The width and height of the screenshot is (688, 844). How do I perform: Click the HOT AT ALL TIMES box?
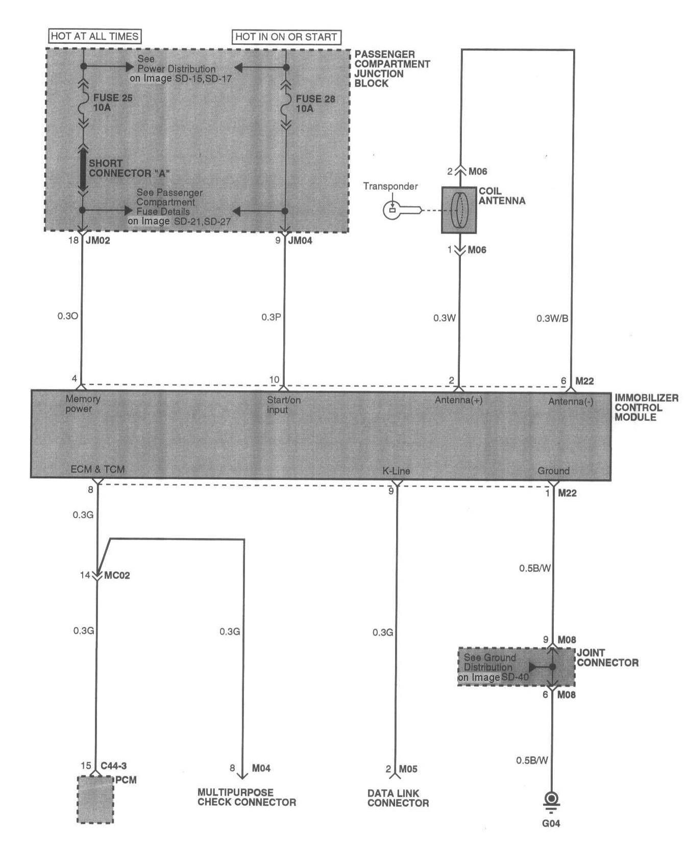pyautogui.click(x=94, y=36)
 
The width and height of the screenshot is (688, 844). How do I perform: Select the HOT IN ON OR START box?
pyautogui.click(x=286, y=37)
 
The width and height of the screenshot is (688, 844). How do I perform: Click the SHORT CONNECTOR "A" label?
pyautogui.click(x=129, y=168)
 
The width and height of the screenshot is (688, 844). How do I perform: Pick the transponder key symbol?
pyautogui.click(x=403, y=210)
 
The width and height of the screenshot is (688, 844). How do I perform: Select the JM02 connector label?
pyautogui.click(x=97, y=241)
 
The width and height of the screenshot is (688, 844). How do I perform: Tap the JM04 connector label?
pyautogui.click(x=300, y=241)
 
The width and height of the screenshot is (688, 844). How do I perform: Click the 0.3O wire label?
pyautogui.click(x=68, y=316)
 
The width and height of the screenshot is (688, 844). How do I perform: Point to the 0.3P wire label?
pyautogui.click(x=271, y=317)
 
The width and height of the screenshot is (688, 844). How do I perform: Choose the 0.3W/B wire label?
pyautogui.click(x=552, y=319)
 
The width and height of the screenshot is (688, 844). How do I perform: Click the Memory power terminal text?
pyautogui.click(x=82, y=404)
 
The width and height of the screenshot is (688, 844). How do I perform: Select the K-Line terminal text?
pyautogui.click(x=396, y=471)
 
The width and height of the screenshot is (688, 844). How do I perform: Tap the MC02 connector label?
pyautogui.click(x=117, y=576)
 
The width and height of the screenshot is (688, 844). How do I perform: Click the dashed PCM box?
pyautogui.click(x=95, y=799)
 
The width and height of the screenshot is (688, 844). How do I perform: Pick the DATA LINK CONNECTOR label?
pyautogui.click(x=398, y=798)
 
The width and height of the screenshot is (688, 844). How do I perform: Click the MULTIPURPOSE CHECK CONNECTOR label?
pyautogui.click(x=247, y=797)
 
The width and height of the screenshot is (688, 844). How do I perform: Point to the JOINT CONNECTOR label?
pyautogui.click(x=607, y=658)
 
